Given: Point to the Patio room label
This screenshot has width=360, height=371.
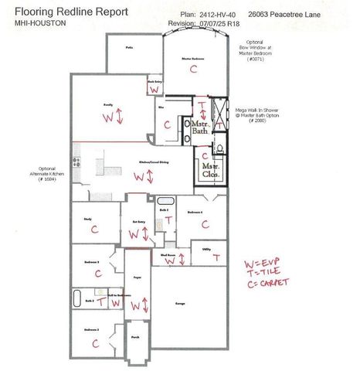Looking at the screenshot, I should [x=131, y=47].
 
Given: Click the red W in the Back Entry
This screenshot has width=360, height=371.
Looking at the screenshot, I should [x=155, y=90].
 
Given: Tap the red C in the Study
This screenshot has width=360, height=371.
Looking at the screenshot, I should [x=94, y=230].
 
